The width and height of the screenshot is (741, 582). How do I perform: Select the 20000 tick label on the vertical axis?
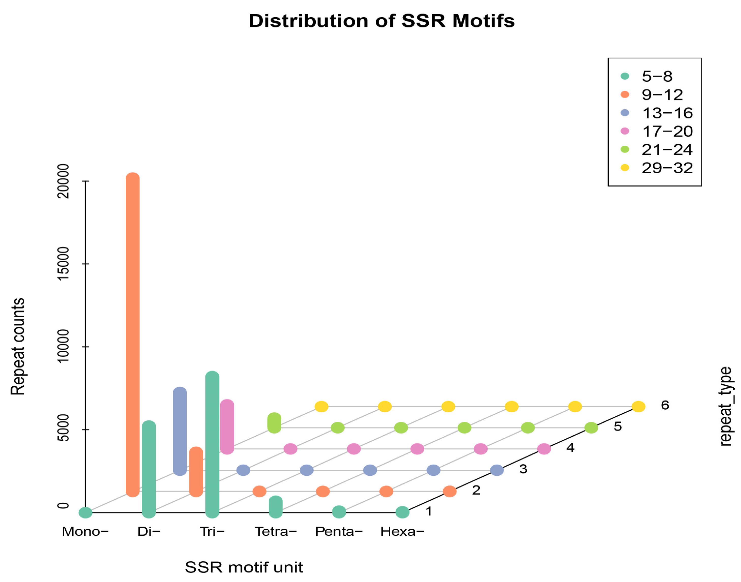click(x=63, y=181)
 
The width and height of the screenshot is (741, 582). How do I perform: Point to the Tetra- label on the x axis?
click(x=275, y=532)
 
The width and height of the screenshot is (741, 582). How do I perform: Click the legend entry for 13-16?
click(x=667, y=113)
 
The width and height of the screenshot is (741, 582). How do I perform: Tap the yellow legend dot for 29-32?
click(x=625, y=168)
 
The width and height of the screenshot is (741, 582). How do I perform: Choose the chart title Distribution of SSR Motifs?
click(x=381, y=21)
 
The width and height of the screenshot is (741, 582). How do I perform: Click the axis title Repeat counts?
click(x=18, y=347)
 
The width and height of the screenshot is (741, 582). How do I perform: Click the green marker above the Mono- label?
click(x=85, y=512)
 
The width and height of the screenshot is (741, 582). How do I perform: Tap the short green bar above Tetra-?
click(x=275, y=507)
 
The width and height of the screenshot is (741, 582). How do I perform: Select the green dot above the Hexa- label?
click(x=402, y=512)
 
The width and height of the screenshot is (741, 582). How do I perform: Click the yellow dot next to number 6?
click(x=638, y=407)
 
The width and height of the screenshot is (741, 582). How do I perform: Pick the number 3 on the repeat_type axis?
click(x=523, y=469)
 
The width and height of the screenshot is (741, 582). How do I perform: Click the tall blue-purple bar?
click(x=180, y=431)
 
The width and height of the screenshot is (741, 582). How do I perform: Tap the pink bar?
click(x=227, y=427)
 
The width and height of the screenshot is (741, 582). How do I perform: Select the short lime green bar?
click(x=274, y=423)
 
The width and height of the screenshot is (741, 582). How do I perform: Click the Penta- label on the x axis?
click(x=339, y=532)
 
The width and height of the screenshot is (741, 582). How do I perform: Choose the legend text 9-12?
click(x=662, y=95)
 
